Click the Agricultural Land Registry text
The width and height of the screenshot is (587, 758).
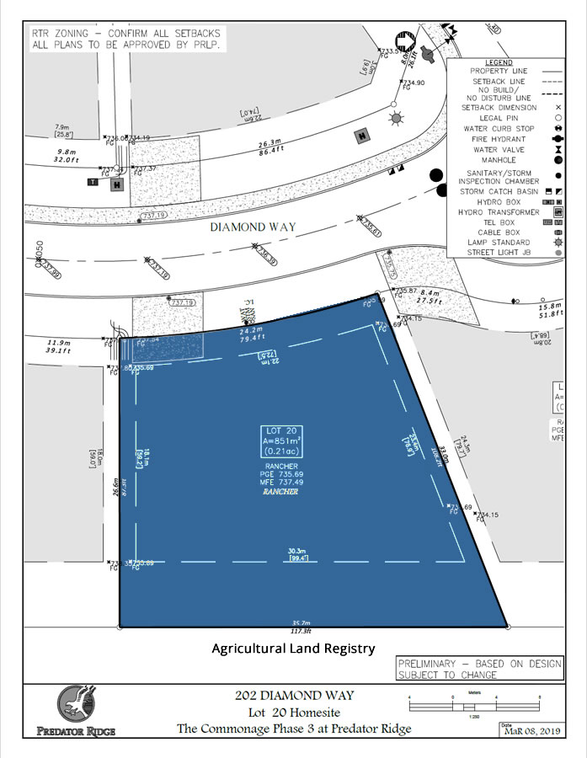pos(292,649)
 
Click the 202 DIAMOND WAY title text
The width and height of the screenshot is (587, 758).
pos(293,696)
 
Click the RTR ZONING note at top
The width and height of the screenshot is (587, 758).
pos(126,38)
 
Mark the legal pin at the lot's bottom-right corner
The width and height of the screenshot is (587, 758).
pos(508,627)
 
